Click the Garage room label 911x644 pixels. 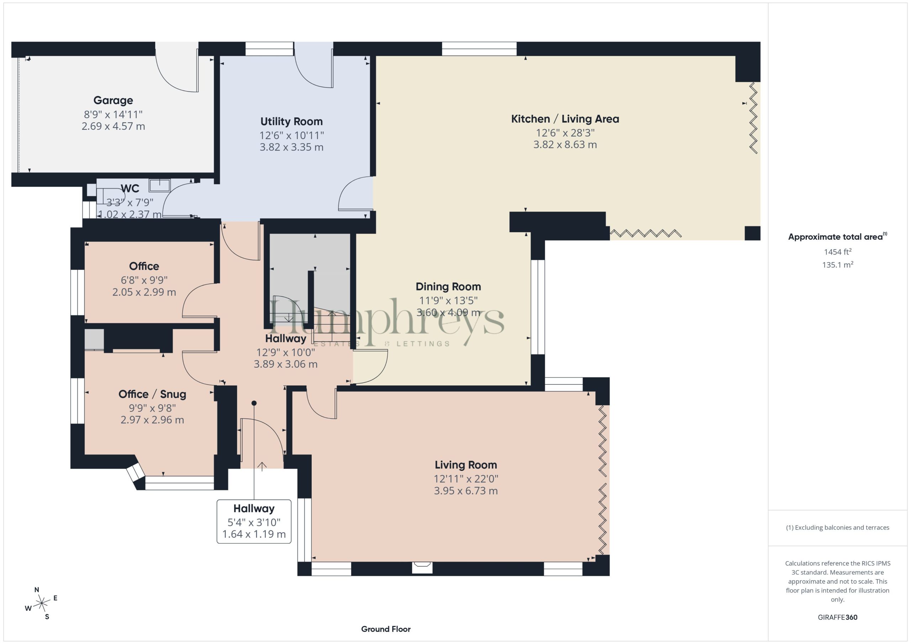coord(113,101)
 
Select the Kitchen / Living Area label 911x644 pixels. coord(565,119)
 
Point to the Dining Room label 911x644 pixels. coord(448,286)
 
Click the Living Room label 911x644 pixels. coord(466,464)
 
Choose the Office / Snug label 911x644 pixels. coord(152,394)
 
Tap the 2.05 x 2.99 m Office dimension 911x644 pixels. coord(144,292)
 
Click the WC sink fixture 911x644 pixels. coord(159,185)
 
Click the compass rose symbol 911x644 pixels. coord(41,604)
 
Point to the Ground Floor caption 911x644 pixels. coord(386,629)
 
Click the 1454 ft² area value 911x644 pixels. coord(838,251)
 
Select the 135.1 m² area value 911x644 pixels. coord(838,265)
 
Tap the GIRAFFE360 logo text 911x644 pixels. coord(838,617)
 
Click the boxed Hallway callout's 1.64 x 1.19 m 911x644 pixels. coord(254,534)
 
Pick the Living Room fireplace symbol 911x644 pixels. coord(422,567)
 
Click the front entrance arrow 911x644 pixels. coord(262,466)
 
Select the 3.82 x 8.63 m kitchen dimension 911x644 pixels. coord(565,145)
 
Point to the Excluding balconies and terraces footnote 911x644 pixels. coord(838,527)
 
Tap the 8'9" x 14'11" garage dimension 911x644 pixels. coord(113,115)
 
